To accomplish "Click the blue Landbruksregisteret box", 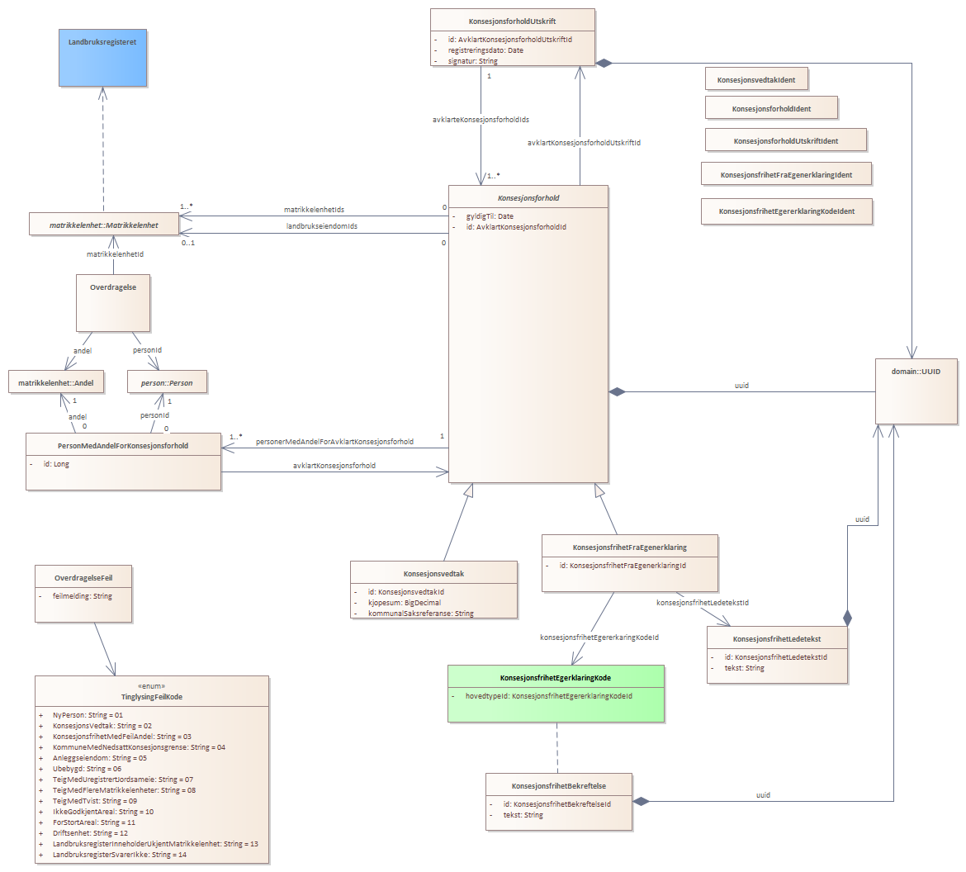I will point(102,57).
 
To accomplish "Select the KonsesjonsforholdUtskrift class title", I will point(512,21).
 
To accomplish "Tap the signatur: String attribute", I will point(473,61).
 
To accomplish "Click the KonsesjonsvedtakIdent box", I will point(756,79).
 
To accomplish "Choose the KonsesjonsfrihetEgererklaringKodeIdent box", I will point(786,211).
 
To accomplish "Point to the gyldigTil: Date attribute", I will point(490,216).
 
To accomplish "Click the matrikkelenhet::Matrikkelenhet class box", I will point(103,225).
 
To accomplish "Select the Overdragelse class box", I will point(113,302).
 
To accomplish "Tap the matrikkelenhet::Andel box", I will point(56,383).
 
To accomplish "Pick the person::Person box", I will point(167,383).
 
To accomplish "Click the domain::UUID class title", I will point(916,372).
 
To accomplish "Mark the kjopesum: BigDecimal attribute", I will point(405,603).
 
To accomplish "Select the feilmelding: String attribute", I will point(83,596).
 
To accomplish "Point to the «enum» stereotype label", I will point(151,686).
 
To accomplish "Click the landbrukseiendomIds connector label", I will point(322,226).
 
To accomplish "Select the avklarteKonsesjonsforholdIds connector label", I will point(481,120).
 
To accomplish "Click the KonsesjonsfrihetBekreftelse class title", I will point(559,786).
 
